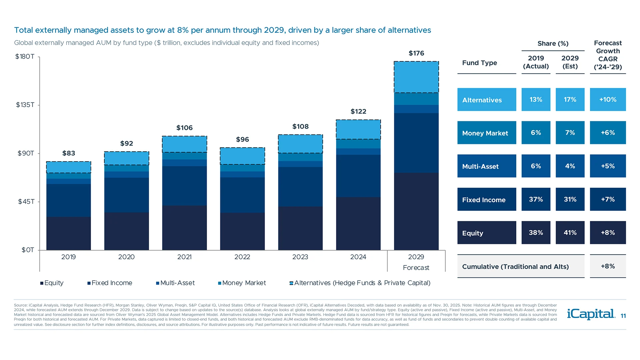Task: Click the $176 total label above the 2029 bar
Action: point(416,53)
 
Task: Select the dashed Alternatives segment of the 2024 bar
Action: point(358,129)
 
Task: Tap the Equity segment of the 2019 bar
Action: point(68,233)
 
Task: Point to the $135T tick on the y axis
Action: point(25,105)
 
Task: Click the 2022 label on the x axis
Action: point(242,257)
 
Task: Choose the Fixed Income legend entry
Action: point(110,283)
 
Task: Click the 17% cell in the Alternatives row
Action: point(570,100)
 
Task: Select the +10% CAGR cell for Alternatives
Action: point(607,100)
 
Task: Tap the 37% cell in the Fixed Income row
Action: point(536,199)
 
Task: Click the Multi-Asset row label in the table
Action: point(486,166)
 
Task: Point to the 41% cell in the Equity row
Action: point(570,233)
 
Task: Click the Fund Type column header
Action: point(479,63)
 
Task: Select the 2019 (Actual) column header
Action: point(536,62)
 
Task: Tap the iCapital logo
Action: point(591,314)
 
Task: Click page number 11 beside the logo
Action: point(623,316)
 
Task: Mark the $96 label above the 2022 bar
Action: point(242,140)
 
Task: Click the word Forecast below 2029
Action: point(416,268)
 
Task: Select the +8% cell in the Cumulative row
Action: point(607,266)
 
